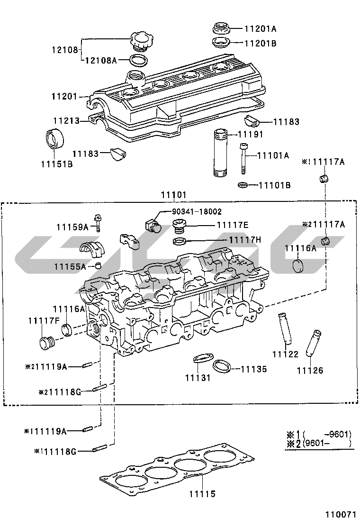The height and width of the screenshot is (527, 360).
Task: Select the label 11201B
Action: [x=260, y=43]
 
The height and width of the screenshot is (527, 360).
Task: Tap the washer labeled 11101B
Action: [x=242, y=184]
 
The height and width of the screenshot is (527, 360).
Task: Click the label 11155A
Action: [x=70, y=266]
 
